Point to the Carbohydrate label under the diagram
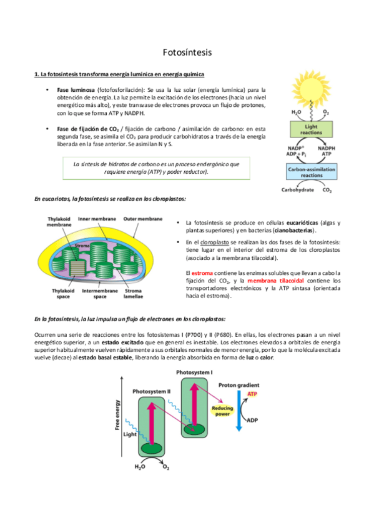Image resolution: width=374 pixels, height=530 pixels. (297, 189)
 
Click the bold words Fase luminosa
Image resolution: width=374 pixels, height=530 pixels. (72, 89)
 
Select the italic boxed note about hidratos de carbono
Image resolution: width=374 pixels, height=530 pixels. (155, 167)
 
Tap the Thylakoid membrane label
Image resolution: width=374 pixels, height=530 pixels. (60, 222)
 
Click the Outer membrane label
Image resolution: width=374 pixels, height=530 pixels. (142, 219)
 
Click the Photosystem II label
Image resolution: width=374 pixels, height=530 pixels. (150, 391)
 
